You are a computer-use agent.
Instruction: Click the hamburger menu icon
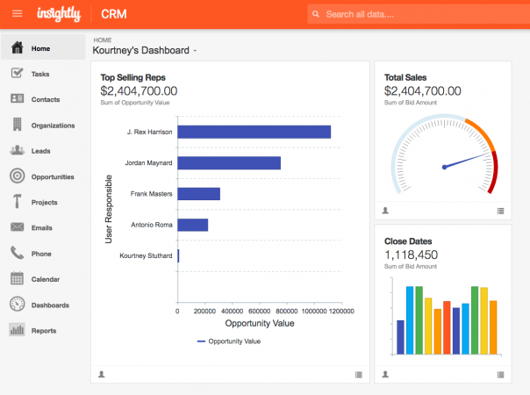tap(17, 14)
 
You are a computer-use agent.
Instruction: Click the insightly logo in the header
tap(60, 14)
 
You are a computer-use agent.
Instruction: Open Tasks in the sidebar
tap(39, 74)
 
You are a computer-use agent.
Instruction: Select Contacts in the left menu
tap(45, 99)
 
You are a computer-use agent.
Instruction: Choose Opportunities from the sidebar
tap(52, 176)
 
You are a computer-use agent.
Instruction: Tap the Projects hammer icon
tap(17, 202)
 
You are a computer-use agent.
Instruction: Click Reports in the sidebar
tap(43, 331)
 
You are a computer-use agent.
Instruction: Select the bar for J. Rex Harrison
tap(254, 132)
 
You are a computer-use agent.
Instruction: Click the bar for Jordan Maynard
tap(229, 162)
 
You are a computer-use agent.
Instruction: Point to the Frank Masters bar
tap(198, 194)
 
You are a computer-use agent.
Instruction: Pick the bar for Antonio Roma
tap(192, 225)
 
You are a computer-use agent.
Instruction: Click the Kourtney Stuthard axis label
tap(146, 255)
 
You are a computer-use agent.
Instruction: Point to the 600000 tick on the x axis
tap(259, 311)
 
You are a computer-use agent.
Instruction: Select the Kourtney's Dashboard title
tap(142, 50)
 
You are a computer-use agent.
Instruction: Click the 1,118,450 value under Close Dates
tap(411, 255)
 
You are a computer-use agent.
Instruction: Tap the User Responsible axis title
tap(109, 208)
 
